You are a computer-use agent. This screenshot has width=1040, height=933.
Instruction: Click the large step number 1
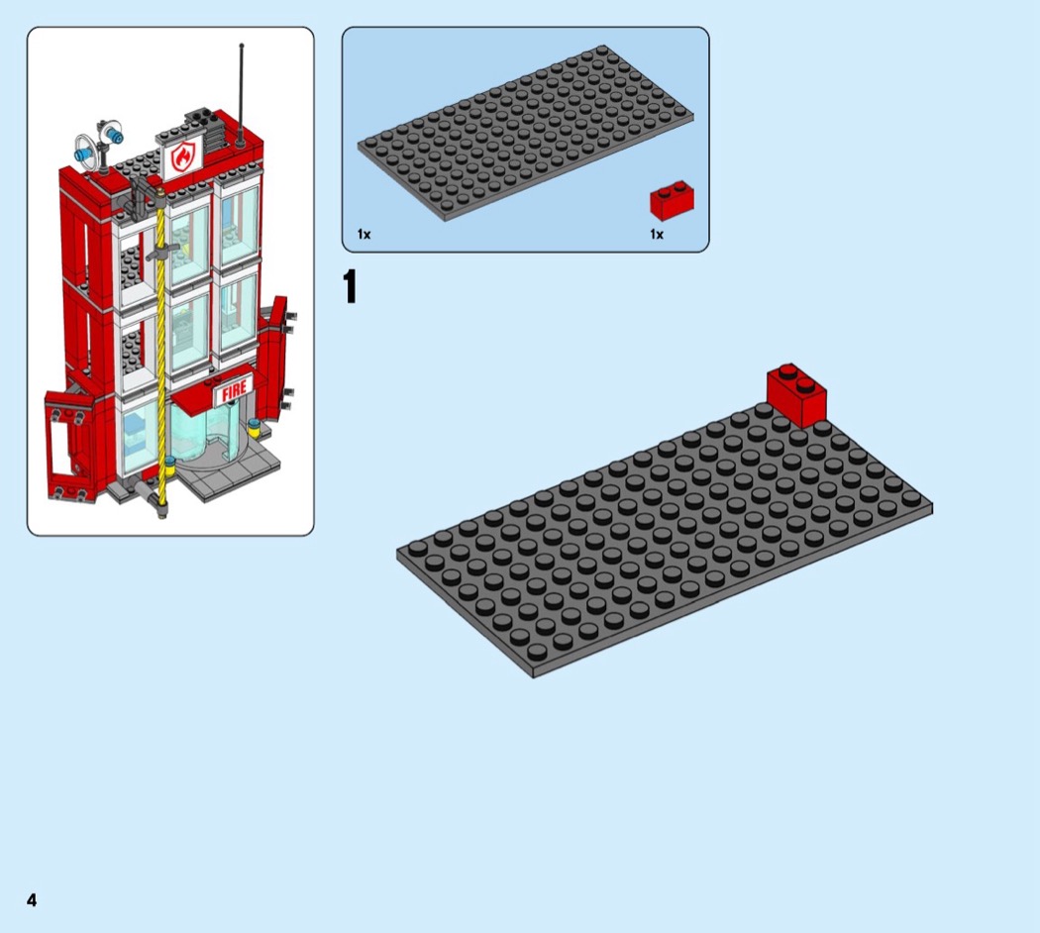[x=351, y=286]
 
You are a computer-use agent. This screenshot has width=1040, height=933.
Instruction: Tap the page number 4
[x=32, y=900]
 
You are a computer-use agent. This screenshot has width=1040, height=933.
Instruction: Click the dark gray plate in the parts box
[x=525, y=133]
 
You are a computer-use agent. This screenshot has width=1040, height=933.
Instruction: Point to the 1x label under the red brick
[x=657, y=234]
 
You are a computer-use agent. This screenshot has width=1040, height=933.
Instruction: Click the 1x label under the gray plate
[x=364, y=234]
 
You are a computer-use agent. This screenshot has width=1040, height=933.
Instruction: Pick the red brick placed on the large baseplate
[x=796, y=395]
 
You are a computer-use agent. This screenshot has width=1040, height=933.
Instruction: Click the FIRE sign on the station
[x=234, y=390]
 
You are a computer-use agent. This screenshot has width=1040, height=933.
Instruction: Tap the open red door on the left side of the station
[x=69, y=445]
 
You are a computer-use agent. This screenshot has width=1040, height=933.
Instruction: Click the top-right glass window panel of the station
[x=238, y=226]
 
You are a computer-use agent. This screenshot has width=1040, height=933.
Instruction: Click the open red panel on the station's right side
[x=275, y=362]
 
